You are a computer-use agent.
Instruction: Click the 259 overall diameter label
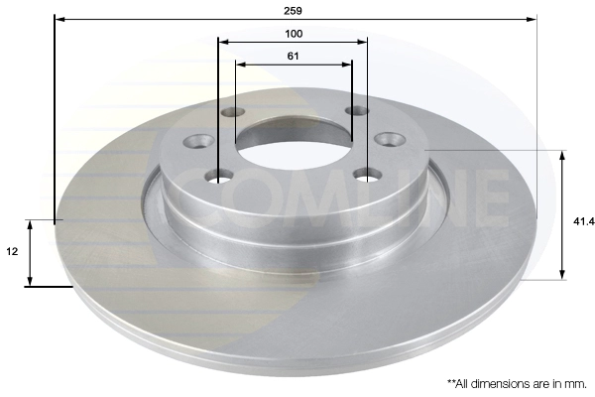pos(293,11)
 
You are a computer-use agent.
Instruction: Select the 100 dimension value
pos(294,34)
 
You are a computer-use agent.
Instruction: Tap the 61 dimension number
pos(293,57)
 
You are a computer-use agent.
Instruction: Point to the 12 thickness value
pos(12,251)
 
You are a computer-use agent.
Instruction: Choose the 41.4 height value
pos(584,221)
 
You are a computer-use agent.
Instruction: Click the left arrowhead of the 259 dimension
pos(59,19)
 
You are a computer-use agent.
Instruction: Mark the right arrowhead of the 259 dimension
pos(532,19)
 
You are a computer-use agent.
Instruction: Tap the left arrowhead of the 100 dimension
pos(224,42)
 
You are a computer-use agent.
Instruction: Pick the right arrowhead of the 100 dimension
pos(362,42)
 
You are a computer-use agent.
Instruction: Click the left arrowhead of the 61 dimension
pos(241,65)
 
